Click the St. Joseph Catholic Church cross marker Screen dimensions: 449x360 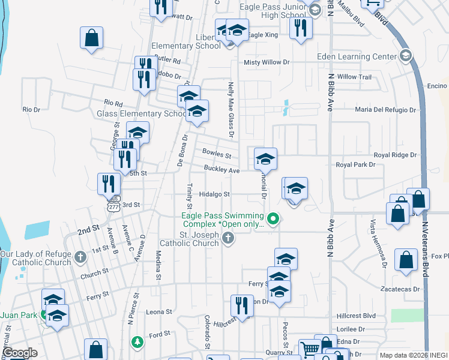(228, 239)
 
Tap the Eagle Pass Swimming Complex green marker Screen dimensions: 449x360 (273, 218)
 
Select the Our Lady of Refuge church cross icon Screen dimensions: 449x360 (81, 257)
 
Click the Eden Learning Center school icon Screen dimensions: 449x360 (405, 56)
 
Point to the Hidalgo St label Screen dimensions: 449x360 (214, 194)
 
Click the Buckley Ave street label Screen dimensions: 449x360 (221, 170)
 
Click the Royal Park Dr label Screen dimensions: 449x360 (355, 164)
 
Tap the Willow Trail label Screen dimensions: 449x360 (355, 77)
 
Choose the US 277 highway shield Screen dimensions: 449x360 (113, 205)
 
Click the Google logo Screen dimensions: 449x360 (20, 353)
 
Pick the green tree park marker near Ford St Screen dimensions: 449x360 (137, 341)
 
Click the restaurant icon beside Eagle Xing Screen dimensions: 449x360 (301, 28)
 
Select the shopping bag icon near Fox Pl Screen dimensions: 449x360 (406, 260)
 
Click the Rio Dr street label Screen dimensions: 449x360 (31, 110)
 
